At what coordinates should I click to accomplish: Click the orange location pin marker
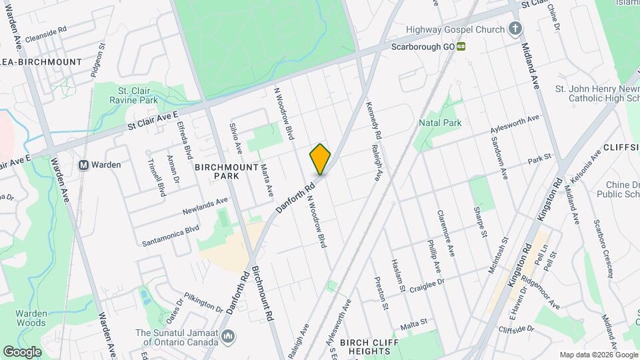pos(320,159)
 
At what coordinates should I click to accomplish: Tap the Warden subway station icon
pos(84,165)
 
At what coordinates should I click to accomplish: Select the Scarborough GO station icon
pos(461,47)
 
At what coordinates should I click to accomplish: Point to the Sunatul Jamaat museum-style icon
pos(228,335)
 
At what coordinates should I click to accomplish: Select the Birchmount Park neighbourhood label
pos(217,171)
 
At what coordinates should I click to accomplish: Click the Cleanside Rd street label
pos(45,30)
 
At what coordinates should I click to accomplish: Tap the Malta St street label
pos(413,325)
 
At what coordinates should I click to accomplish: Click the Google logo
pos(23,351)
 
